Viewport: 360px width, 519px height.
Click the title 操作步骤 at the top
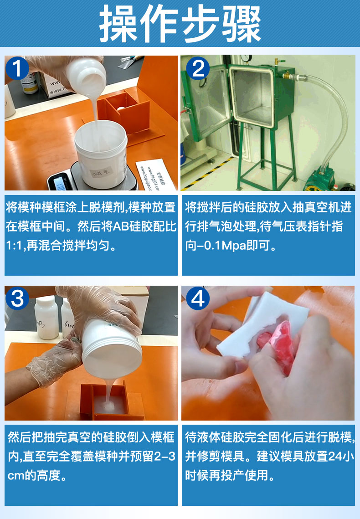point(180,24)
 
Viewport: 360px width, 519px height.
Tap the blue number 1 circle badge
point(17,68)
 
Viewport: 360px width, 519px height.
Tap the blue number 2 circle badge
point(198,68)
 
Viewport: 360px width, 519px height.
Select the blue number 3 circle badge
point(17,298)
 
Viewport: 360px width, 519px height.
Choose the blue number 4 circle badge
point(198,298)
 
